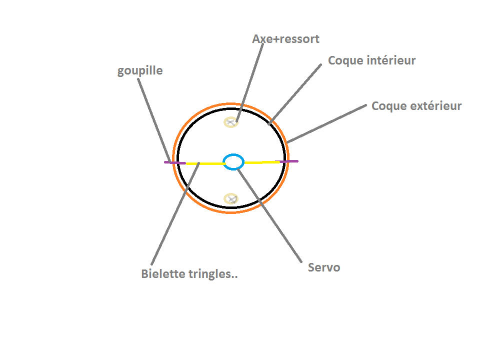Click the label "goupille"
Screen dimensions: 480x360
(140, 70)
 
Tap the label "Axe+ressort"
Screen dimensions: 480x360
(285, 38)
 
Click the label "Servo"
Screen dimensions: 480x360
(324, 267)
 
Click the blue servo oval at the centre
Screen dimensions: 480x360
(233, 162)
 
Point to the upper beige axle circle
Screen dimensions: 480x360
(230, 122)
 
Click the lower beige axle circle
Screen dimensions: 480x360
(230, 198)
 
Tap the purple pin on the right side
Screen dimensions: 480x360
(289, 161)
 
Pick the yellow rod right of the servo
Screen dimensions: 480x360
(261, 162)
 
